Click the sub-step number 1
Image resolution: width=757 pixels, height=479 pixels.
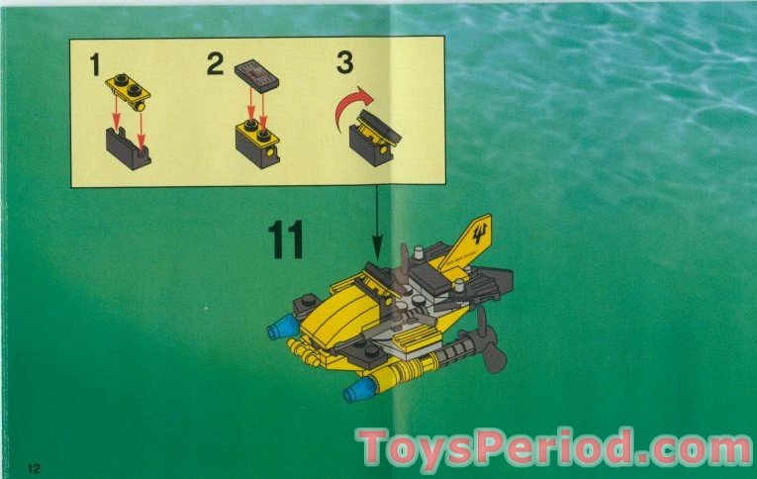click(96, 66)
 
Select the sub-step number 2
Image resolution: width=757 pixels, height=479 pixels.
click(216, 66)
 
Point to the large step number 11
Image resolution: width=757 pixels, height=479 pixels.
click(286, 240)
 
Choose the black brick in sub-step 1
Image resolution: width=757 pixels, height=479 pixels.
click(129, 150)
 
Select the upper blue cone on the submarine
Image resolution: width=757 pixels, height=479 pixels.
click(281, 328)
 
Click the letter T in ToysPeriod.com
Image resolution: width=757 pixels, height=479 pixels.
click(376, 448)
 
